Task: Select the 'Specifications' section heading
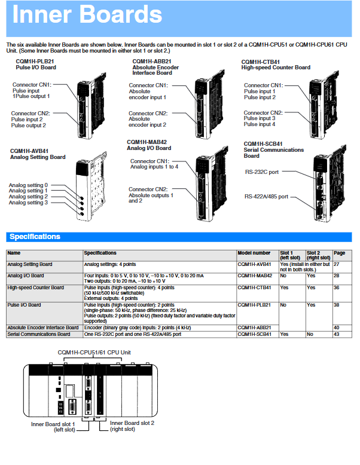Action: (35, 237)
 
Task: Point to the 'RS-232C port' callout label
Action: (262, 172)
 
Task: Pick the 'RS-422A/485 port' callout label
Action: (266, 197)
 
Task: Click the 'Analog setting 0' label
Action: (28, 186)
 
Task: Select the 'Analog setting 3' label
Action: (28, 203)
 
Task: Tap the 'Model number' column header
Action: (254, 253)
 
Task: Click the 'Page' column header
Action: (339, 253)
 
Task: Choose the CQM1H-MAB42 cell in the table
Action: (255, 276)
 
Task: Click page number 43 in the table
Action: (337, 334)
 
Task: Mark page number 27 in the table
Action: (337, 264)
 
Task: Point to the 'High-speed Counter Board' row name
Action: (35, 287)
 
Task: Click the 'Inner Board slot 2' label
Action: (132, 426)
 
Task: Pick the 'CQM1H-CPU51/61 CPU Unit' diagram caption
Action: (94, 353)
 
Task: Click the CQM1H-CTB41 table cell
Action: (254, 287)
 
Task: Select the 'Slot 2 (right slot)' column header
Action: (318, 256)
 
